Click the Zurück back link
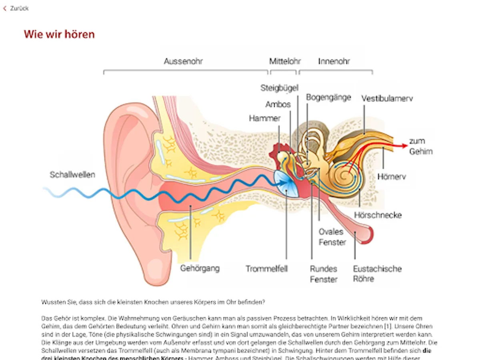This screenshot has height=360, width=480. coord(16,8)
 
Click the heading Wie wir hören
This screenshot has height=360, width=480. coord(59,34)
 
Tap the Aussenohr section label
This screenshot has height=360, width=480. coord(183,62)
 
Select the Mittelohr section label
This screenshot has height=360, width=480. coord(285,62)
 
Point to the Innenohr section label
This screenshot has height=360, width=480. coord(334,62)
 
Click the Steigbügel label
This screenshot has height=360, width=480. coord(279,88)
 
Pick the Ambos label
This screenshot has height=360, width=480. coord(278,104)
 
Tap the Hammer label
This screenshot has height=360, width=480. coord(265,118)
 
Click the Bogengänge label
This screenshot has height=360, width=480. coord(328,97)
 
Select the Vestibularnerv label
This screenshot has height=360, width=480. coord(387,98)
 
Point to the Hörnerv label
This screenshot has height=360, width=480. coord(391,176)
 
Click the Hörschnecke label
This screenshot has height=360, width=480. coord(378,215)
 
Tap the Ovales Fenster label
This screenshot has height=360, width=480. coord(332,237)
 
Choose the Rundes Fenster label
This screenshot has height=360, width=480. coord(324,274)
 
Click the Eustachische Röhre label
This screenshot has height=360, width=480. coord(377,274)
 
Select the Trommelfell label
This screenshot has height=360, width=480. coord(266,269)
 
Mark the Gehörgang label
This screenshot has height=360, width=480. coord(200,268)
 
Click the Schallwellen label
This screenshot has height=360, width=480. coord(72,175)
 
